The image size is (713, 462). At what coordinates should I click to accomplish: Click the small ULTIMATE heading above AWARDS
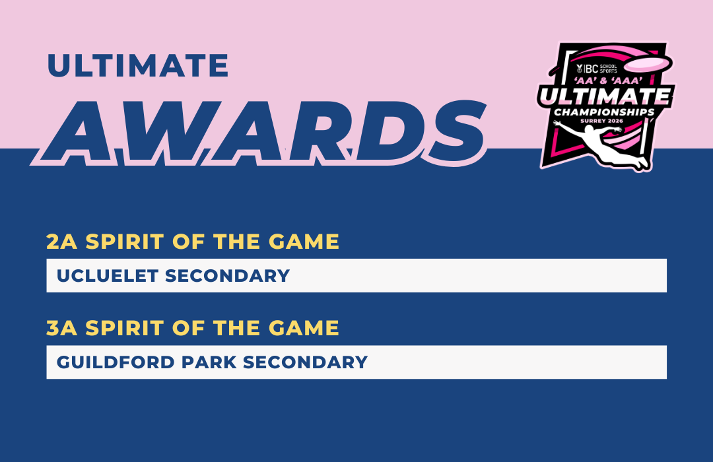pos(138,65)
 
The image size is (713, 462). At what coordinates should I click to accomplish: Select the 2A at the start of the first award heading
pos(62,242)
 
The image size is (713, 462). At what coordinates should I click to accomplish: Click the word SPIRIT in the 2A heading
pos(125,242)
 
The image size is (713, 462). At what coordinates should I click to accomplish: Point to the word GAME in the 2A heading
pos(304,242)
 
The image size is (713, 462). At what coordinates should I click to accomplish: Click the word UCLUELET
pos(108,276)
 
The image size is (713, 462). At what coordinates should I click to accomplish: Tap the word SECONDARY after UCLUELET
pos(227,276)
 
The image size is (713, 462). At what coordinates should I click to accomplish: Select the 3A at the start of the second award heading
pos(62,328)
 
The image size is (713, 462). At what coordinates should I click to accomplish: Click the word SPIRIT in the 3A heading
pos(125,328)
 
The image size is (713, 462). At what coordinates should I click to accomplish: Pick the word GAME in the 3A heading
pos(304,328)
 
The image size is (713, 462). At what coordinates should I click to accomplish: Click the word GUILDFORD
pos(116,362)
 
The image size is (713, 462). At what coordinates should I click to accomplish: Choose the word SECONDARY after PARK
pos(305,362)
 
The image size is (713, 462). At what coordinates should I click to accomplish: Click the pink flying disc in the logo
pos(648,63)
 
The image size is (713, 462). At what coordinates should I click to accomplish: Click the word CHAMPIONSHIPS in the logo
pos(604,112)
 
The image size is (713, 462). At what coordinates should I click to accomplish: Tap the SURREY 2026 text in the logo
pos(601,121)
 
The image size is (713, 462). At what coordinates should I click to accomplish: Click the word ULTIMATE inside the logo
pos(605,96)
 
